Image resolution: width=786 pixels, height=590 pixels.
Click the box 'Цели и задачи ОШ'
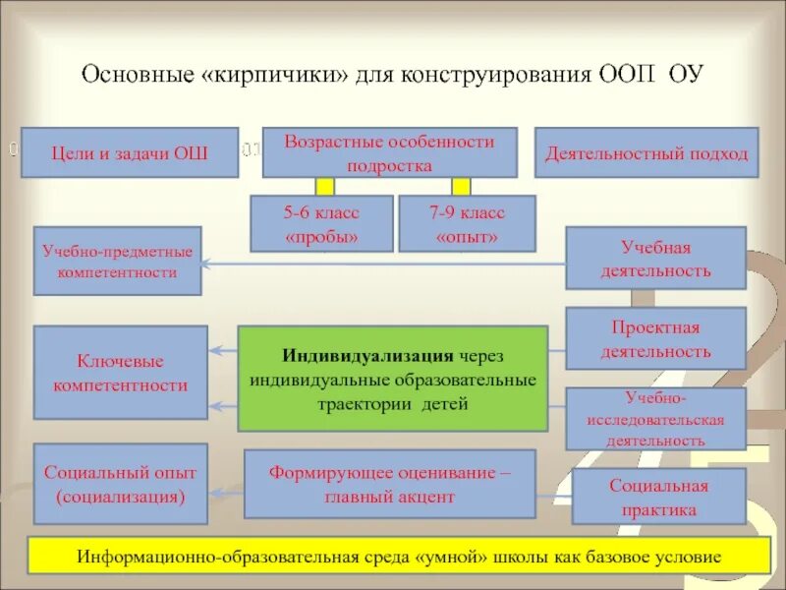[x=130, y=152]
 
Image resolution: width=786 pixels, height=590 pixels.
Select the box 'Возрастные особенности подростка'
[x=389, y=152]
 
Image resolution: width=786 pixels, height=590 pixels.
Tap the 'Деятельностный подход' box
[x=646, y=152]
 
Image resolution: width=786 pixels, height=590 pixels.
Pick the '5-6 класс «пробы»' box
[x=321, y=223]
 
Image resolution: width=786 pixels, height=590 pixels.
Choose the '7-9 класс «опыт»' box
[x=467, y=223]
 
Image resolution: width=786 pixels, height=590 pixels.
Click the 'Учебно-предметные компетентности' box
[x=117, y=262]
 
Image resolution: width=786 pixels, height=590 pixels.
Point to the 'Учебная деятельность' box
[x=655, y=258]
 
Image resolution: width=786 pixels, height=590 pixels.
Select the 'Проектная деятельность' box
[x=655, y=338]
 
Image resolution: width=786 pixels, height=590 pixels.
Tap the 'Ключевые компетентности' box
[x=120, y=374]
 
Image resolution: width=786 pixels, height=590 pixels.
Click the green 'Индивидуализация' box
[x=393, y=379]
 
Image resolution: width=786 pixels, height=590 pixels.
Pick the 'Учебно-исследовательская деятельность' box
[x=655, y=418]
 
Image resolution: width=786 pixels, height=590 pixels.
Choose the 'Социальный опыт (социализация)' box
[x=120, y=484]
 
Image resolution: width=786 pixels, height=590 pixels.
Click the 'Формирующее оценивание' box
[x=389, y=484]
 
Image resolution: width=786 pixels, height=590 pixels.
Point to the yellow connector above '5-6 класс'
[x=325, y=186]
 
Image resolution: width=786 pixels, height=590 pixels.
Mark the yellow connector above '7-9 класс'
[x=461, y=186]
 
